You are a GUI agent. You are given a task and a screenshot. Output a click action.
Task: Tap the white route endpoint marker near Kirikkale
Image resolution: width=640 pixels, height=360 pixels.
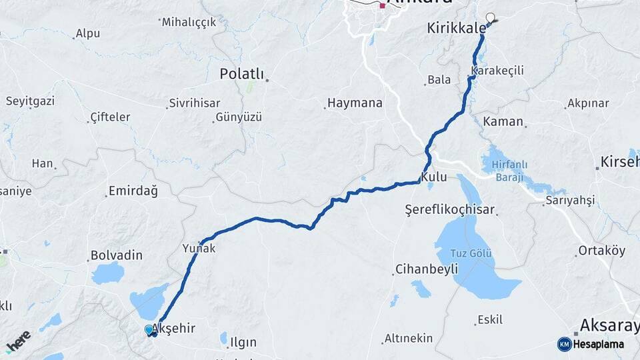[491, 18]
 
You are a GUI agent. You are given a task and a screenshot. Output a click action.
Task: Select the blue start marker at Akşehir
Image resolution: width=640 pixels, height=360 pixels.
[149, 329]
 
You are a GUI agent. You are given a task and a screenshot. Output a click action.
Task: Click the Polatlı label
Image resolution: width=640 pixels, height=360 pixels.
[242, 74]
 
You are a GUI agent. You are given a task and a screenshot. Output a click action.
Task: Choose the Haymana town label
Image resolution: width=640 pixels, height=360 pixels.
[354, 103]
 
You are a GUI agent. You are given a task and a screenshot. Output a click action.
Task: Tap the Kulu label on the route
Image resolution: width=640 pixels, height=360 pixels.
[433, 177]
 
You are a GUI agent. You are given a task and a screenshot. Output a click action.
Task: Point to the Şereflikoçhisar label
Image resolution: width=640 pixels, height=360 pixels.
[450, 210]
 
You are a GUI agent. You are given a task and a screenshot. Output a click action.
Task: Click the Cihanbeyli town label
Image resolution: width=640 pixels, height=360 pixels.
[427, 269]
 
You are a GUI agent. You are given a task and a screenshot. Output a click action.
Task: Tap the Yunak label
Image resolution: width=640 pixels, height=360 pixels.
[199, 247]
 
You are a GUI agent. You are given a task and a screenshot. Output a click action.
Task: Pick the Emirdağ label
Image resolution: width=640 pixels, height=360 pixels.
[132, 191]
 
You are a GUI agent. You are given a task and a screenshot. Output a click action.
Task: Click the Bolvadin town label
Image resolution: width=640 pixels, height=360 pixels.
[117, 255]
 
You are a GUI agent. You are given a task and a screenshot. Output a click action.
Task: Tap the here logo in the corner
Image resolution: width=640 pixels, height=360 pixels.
[18, 341]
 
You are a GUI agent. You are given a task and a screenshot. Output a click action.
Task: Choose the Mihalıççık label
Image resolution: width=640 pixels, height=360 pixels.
[190, 22]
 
